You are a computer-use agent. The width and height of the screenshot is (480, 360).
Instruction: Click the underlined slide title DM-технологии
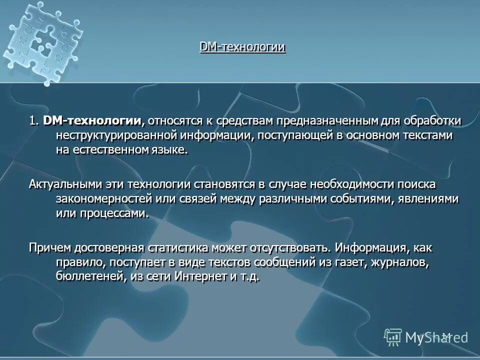(242, 47)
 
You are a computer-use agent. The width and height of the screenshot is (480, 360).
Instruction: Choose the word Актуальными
(65, 184)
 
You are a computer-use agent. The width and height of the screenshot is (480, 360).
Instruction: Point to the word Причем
(50, 248)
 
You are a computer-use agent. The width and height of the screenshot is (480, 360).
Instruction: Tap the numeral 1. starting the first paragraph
(33, 121)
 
